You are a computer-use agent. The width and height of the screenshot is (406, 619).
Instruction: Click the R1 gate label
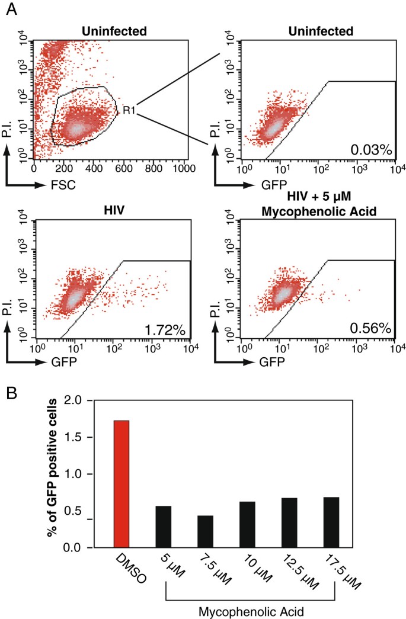[x=128, y=110]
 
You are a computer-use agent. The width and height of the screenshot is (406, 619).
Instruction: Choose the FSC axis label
[x=59, y=185]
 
